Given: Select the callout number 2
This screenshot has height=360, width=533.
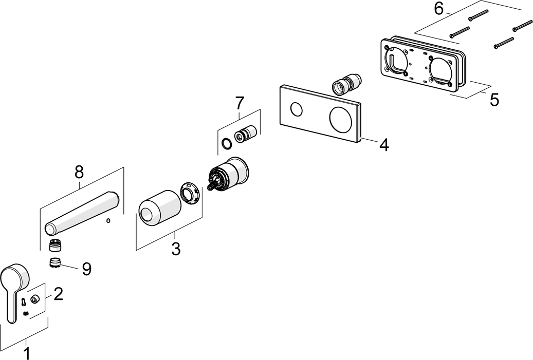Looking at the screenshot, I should pyautogui.click(x=58, y=294).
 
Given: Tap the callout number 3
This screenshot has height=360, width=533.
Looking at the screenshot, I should pyautogui.click(x=175, y=250).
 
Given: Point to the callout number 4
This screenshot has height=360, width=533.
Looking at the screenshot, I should pyautogui.click(x=383, y=145).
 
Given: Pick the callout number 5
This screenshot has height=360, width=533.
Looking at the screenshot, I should pyautogui.click(x=494, y=100).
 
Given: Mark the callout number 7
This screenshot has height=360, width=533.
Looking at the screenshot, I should pyautogui.click(x=240, y=103).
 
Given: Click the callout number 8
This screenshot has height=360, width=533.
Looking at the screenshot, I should pyautogui.click(x=79, y=173).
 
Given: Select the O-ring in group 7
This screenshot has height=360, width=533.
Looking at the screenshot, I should pyautogui.click(x=225, y=144).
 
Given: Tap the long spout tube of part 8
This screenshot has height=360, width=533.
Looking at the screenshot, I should pyautogui.click(x=82, y=211).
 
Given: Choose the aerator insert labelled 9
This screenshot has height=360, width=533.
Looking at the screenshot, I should pyautogui.click(x=55, y=263).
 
